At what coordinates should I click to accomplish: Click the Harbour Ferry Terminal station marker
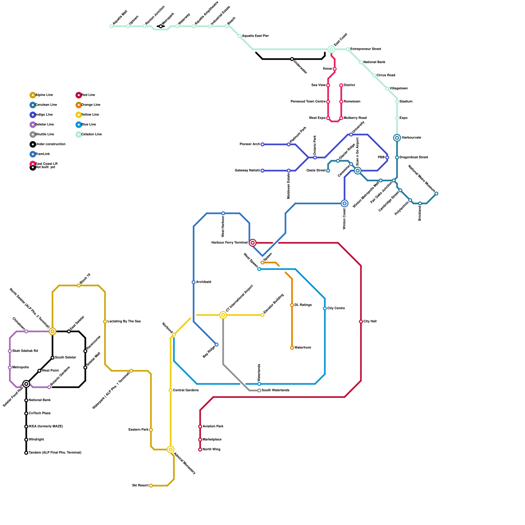pos(253,243)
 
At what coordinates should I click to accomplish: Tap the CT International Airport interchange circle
pos(223,315)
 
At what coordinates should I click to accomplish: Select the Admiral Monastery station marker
pos(171,450)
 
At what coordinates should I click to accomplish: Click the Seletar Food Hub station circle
pos(26,384)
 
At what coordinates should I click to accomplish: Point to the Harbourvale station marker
pos(397,138)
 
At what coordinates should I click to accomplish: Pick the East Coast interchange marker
pos(331,49)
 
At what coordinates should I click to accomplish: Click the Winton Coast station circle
pos(345,203)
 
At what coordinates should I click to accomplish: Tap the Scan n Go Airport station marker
pos(358,171)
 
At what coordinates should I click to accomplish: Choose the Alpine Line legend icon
pos(33,95)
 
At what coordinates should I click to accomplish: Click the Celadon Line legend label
pos(92,134)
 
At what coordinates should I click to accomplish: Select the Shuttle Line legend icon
pos(33,135)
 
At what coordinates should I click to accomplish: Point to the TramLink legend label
pos(43,154)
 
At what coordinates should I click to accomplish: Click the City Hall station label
pos(370,321)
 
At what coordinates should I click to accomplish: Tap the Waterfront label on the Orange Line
pos(303,347)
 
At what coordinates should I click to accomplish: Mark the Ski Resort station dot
pos(151,486)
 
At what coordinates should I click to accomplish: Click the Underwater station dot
pos(292,59)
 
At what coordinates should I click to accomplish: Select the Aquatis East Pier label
pos(255,36)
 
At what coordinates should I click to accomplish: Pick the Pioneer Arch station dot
pos(262,144)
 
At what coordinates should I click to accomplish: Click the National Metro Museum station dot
pos(436,194)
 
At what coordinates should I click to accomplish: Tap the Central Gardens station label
pos(186,390)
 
